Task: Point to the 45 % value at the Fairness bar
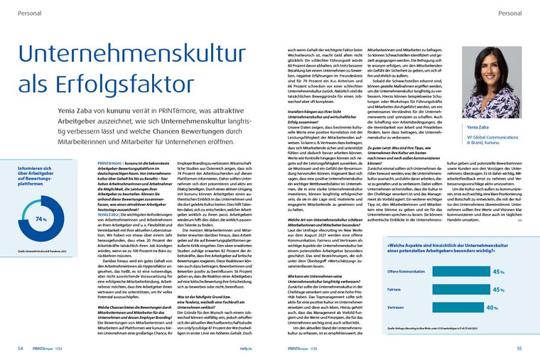click(x=498, y=290)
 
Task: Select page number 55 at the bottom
click(x=519, y=348)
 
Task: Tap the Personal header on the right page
click(x=511, y=13)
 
